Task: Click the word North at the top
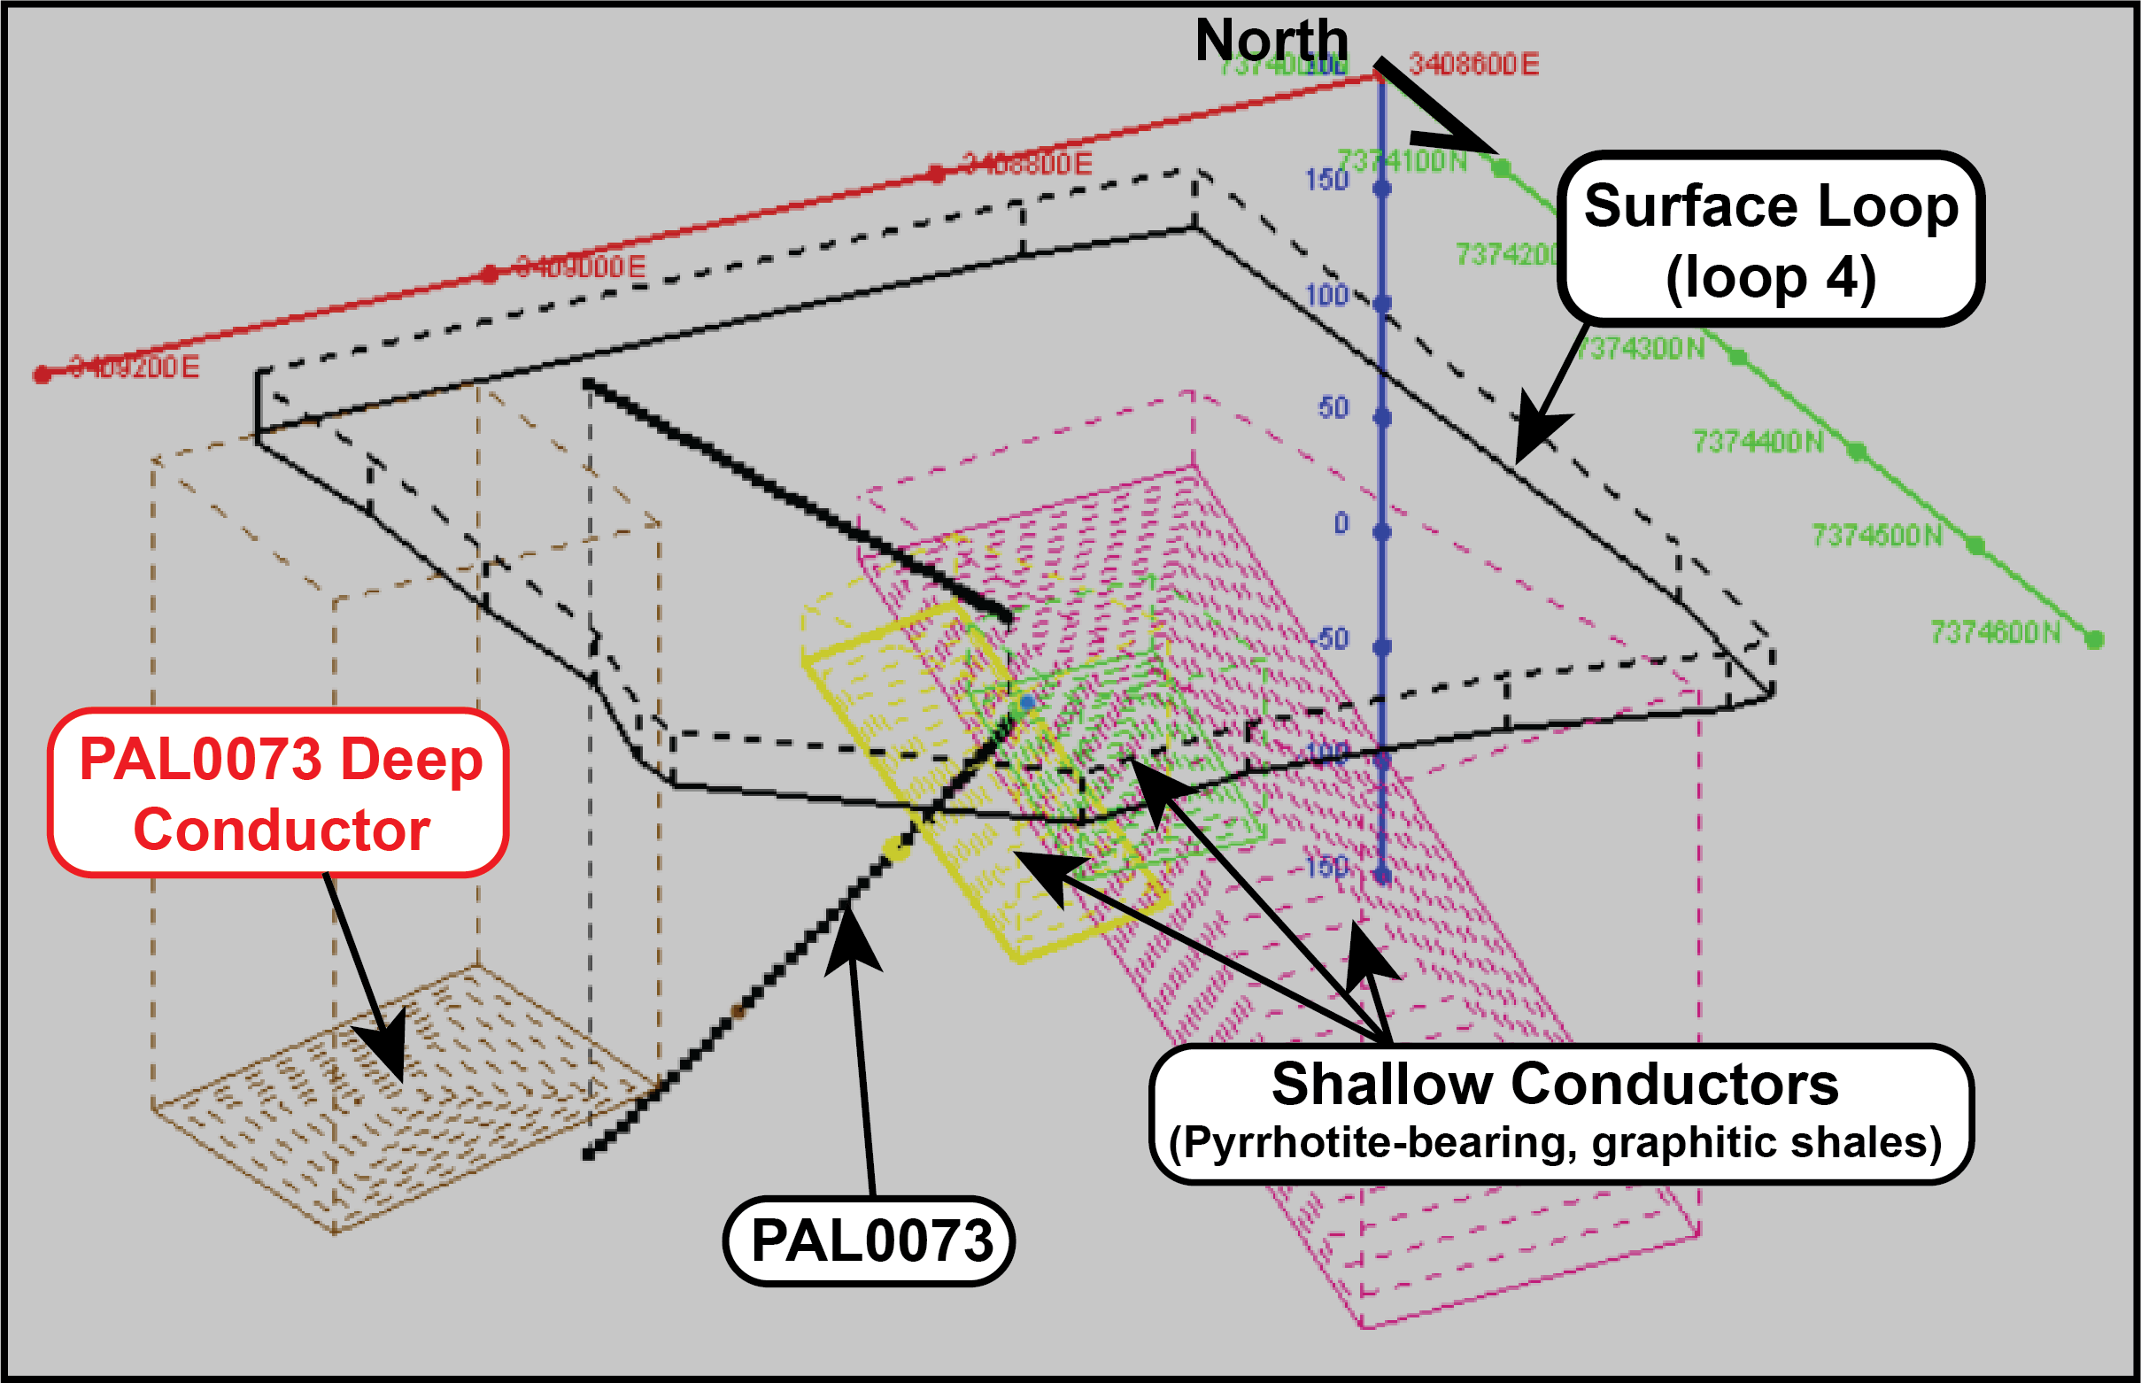(x=1271, y=41)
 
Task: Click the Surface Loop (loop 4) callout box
(x=1770, y=240)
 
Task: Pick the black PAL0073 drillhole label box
(x=870, y=1241)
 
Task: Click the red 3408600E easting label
(x=1473, y=65)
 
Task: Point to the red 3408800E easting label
(x=1026, y=165)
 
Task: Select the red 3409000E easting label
(x=580, y=267)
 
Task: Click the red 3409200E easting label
(x=134, y=367)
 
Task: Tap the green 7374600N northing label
(x=1995, y=633)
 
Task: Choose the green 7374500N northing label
(x=1876, y=537)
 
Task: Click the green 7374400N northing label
(x=1758, y=442)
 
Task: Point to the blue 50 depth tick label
(x=1333, y=409)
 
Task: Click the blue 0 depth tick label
(x=1341, y=523)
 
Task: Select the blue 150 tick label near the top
(x=1326, y=181)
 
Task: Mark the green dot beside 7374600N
(x=2094, y=639)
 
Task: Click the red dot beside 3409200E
(x=42, y=375)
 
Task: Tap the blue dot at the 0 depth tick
(x=1382, y=532)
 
